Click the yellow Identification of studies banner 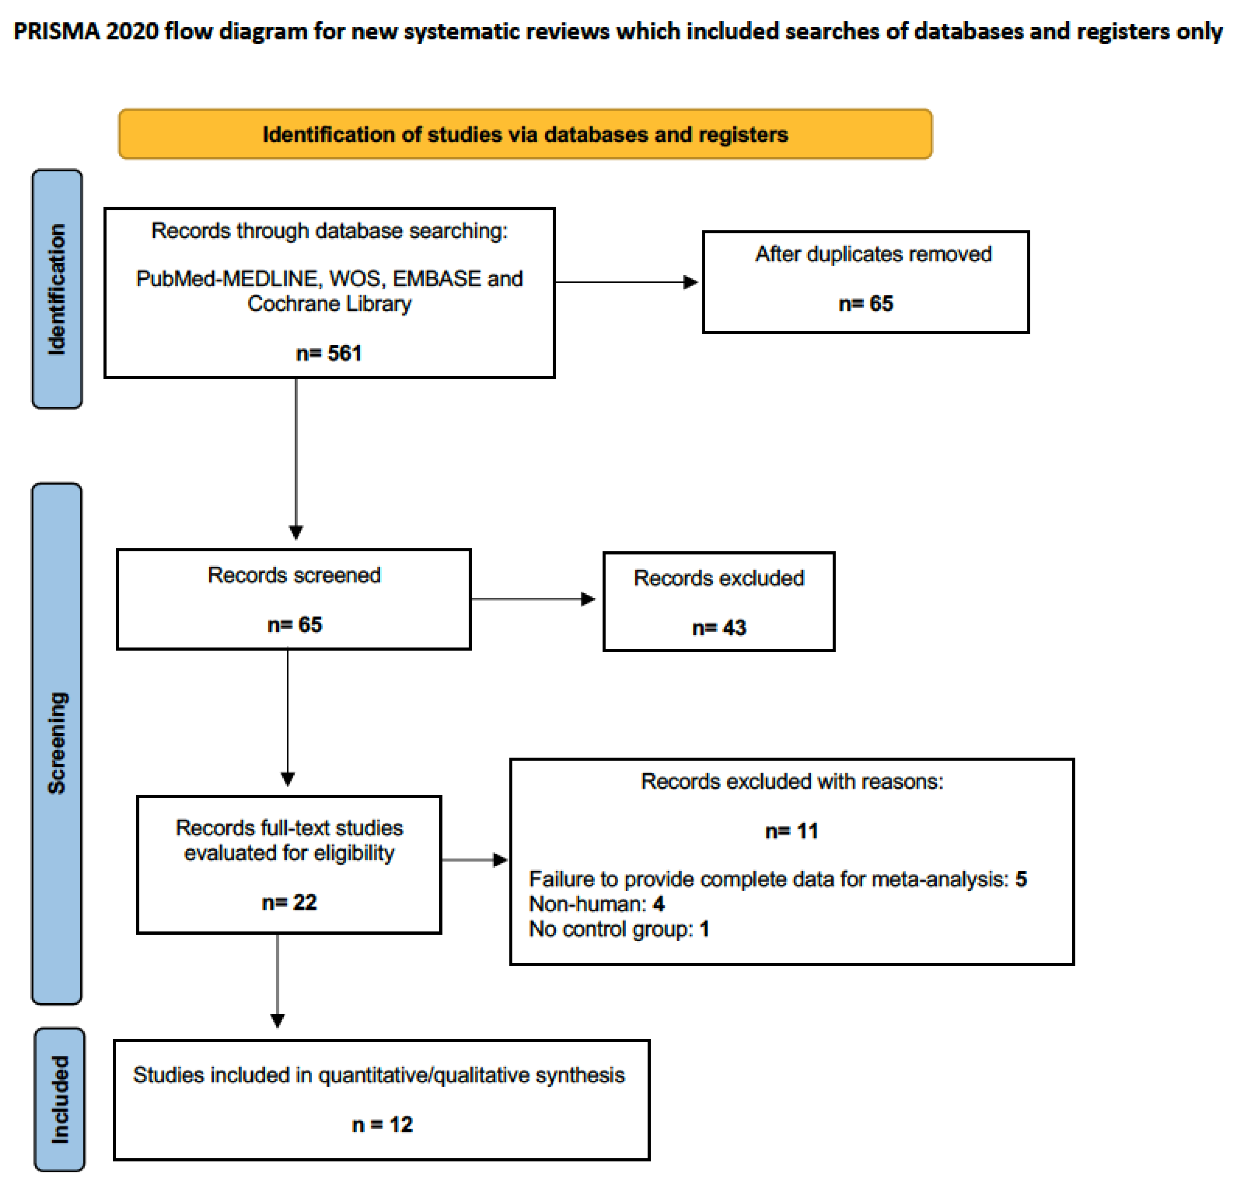pyautogui.click(x=525, y=134)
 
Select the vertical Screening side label pyautogui.click(x=57, y=743)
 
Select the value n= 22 pyautogui.click(x=289, y=902)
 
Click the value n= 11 pyautogui.click(x=791, y=831)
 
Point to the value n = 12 pyautogui.click(x=382, y=1124)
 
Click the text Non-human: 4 pyautogui.click(x=596, y=904)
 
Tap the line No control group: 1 pyautogui.click(x=619, y=929)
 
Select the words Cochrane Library pyautogui.click(x=329, y=304)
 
